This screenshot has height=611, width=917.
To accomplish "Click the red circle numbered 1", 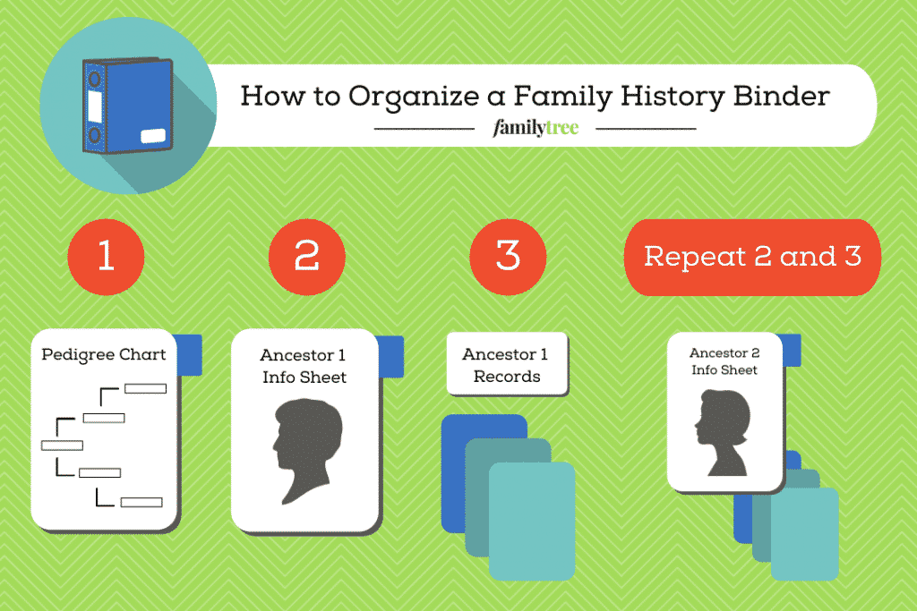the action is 106,257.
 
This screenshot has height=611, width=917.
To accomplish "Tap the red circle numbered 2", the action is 307,257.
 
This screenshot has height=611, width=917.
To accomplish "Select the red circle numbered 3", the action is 508,257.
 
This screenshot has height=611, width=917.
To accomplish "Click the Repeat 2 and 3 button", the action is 752,257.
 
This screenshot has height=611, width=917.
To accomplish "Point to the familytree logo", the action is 536,127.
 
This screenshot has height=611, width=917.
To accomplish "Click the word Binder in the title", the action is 781,96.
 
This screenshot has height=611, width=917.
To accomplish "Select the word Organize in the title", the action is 414,97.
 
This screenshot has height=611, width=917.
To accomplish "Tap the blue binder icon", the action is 127,106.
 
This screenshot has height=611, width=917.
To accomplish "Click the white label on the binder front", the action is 153,135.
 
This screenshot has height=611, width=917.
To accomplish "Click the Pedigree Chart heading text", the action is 104,354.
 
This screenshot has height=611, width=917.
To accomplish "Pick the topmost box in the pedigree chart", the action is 146,388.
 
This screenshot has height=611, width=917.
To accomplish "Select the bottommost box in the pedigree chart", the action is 141,502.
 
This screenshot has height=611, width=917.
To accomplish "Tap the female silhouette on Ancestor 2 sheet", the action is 723,432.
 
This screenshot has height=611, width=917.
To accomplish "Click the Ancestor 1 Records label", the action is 507,364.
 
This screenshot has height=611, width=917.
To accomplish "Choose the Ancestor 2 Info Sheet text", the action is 724,361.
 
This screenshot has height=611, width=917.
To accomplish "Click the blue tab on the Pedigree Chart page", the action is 189,354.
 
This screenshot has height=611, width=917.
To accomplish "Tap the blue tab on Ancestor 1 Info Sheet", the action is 391,356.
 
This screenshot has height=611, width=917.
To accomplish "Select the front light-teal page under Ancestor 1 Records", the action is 532,521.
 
